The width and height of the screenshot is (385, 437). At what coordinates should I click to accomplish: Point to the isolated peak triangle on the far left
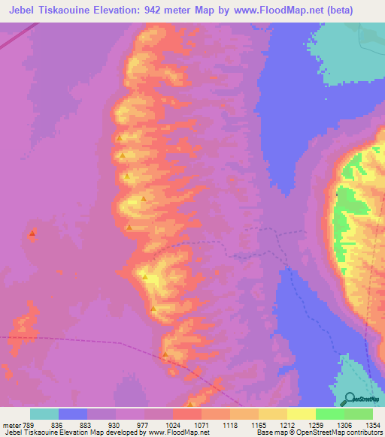coord(32,234)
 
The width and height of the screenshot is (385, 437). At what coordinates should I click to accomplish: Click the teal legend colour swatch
coord(44,414)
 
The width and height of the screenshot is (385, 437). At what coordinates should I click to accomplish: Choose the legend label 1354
coord(374,425)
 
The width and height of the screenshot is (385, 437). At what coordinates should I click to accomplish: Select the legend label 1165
coord(258,425)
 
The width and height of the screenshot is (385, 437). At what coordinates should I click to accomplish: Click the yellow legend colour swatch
coord(301,414)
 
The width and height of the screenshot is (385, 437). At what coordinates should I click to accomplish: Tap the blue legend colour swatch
coord(73,414)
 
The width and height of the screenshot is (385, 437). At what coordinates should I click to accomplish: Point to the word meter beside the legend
coord(11,425)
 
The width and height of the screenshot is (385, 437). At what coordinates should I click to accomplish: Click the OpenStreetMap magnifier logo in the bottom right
coord(351,397)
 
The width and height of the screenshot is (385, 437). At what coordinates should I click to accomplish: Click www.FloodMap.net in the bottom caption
coord(178,433)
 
